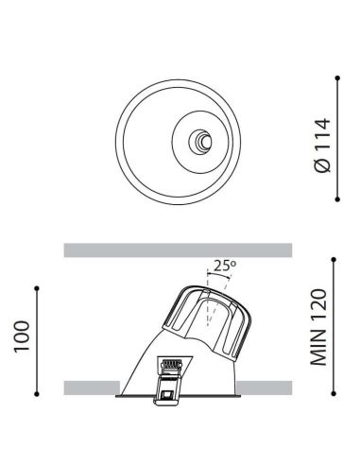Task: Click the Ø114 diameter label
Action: [x=322, y=144]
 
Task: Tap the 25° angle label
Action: [x=223, y=267]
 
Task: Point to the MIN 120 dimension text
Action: [x=320, y=328]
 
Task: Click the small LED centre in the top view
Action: [x=199, y=142]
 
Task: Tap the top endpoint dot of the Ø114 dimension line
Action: [x=338, y=80]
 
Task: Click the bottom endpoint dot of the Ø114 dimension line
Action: [x=338, y=199]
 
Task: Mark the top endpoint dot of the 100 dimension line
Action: [x=37, y=286]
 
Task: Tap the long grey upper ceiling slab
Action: [x=179, y=250]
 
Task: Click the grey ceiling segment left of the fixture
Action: [x=92, y=387]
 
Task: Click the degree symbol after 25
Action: [x=232, y=264]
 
